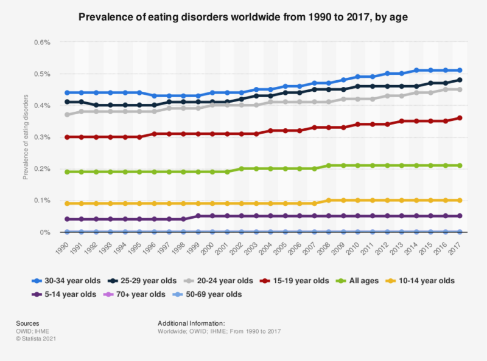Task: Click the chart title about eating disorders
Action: tap(243, 18)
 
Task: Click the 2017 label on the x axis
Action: tap(456, 246)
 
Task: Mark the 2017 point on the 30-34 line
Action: tap(459, 70)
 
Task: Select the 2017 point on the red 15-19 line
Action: tap(459, 118)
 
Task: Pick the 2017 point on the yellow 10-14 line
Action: tap(459, 201)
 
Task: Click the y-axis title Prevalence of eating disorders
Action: tap(26, 137)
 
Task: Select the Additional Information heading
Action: tap(191, 323)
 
